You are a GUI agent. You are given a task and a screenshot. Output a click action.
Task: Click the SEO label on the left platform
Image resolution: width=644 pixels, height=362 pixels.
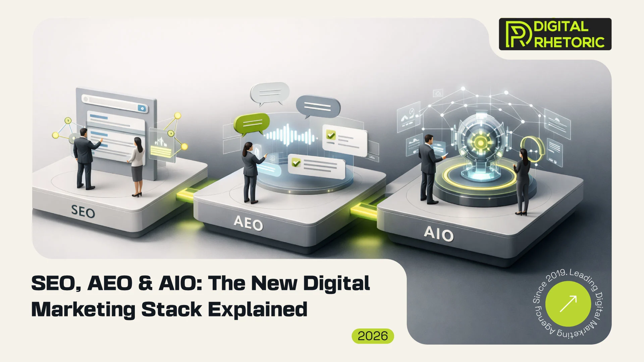click(x=83, y=212)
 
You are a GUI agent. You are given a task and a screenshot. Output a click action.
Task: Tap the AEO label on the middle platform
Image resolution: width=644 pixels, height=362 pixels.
click(x=248, y=223)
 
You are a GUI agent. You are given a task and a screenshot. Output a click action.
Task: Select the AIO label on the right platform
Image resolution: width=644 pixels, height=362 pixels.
click(x=438, y=233)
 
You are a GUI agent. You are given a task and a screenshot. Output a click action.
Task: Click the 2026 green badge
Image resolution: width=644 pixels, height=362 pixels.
click(x=373, y=336)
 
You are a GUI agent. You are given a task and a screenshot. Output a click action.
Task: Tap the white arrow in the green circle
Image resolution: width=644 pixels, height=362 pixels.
click(x=568, y=304)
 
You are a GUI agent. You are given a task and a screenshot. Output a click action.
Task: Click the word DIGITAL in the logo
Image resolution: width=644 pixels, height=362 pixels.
click(x=561, y=26)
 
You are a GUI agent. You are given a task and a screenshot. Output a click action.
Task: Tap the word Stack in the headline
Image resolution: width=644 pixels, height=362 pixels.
click(x=171, y=309)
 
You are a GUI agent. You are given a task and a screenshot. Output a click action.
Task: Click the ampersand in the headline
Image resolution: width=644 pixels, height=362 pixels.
click(x=145, y=283)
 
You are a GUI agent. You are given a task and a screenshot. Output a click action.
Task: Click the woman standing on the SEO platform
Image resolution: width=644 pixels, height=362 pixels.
click(x=137, y=166)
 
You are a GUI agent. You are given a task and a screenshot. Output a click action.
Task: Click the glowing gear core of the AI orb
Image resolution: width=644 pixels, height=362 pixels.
click(x=480, y=143)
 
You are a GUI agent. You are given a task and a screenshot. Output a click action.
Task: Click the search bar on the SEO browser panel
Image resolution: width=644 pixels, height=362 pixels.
click(x=114, y=104)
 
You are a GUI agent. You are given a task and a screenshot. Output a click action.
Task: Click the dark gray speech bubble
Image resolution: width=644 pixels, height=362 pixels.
click(x=318, y=106)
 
